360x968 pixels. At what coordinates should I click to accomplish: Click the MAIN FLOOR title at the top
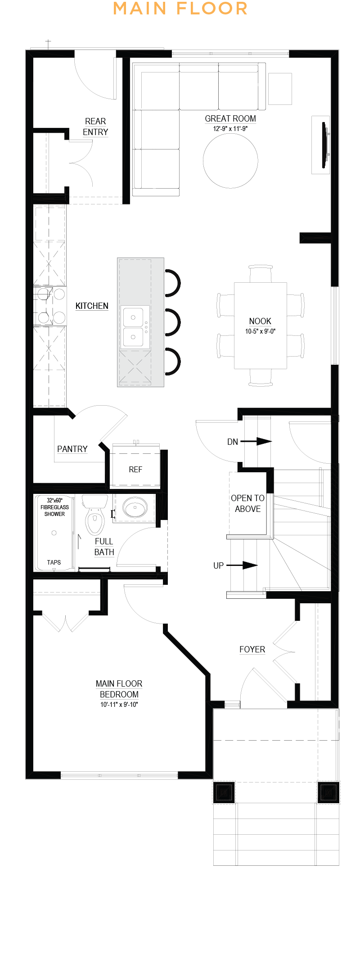coord(180,9)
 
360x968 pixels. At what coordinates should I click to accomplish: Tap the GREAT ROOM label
coord(230,118)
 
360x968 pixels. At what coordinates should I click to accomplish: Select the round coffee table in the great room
coord(230,160)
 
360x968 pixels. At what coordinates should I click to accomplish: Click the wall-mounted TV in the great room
coord(325,145)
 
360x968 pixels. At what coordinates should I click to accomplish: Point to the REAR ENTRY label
coord(95,127)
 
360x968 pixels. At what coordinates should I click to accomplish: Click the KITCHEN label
coord(92,306)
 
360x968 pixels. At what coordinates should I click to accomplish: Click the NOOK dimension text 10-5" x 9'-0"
coord(260,331)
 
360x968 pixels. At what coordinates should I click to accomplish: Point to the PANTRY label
coord(72,449)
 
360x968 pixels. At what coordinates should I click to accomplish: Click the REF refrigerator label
coord(135,470)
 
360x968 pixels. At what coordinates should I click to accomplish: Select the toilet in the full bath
coord(95,515)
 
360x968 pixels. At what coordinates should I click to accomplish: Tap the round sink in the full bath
coord(135,507)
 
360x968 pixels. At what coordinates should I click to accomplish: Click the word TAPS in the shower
coord(54,562)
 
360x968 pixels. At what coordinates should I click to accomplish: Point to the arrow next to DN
coord(256,441)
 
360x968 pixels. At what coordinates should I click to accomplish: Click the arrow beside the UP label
coord(242,565)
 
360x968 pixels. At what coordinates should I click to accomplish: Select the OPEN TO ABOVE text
coord(247,503)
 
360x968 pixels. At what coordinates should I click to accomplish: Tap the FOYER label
coord(252,649)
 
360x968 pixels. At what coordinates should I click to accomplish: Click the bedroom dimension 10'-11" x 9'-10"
coord(119,705)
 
